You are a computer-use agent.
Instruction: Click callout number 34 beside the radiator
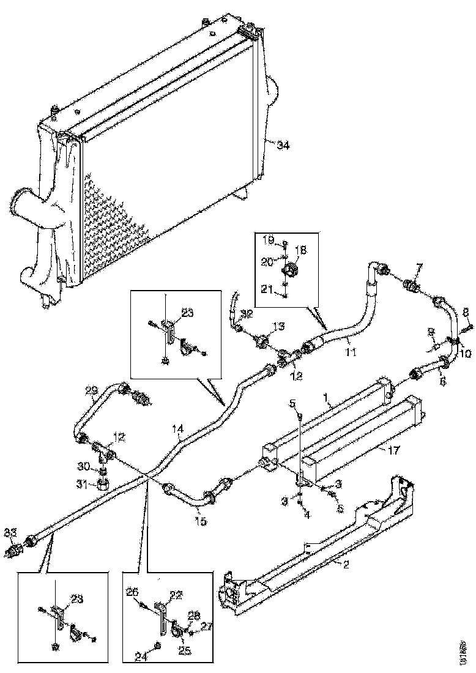coord(283,146)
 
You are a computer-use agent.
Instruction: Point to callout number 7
coord(419,266)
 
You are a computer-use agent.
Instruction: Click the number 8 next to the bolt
coord(466,311)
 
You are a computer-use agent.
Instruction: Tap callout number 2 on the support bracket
coord(346,565)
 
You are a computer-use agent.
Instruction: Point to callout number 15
coord(200,521)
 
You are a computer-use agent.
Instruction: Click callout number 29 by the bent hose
coord(92,390)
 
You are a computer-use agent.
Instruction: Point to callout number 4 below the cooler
coord(307,515)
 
